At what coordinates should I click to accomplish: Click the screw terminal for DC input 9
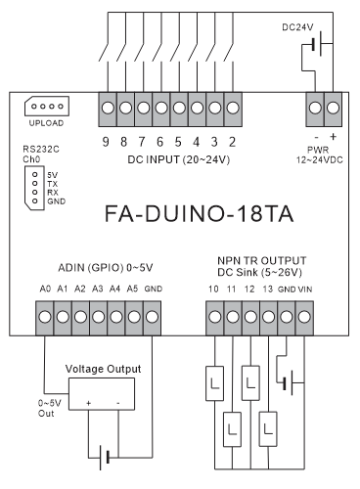pos(108,108)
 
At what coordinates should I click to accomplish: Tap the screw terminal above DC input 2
pos(233,108)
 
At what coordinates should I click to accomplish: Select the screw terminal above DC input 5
pos(179,108)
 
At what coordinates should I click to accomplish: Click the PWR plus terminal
pos(333,108)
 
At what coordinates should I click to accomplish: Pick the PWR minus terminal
pos(315,108)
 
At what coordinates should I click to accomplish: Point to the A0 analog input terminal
pos(45,317)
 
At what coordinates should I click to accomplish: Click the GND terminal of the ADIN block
pos(152,317)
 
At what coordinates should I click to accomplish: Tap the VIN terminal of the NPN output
pos(304,317)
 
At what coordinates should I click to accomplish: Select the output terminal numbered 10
pos(215,317)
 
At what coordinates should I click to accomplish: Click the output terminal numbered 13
pos(268,317)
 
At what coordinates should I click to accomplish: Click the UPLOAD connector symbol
pos(47,107)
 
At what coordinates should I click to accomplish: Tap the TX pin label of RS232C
pos(52,184)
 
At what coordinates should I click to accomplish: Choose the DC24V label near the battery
pos(297,27)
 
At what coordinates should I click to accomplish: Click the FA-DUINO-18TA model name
pos(199,214)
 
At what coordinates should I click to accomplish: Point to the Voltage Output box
pos(102,394)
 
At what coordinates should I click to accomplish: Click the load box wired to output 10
pos(214,383)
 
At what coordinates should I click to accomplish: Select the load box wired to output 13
pos(268,429)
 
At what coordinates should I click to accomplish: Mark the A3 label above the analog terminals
pos(98,289)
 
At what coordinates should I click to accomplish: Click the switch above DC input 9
pos(104,52)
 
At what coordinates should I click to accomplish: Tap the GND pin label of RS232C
pos(56,201)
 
